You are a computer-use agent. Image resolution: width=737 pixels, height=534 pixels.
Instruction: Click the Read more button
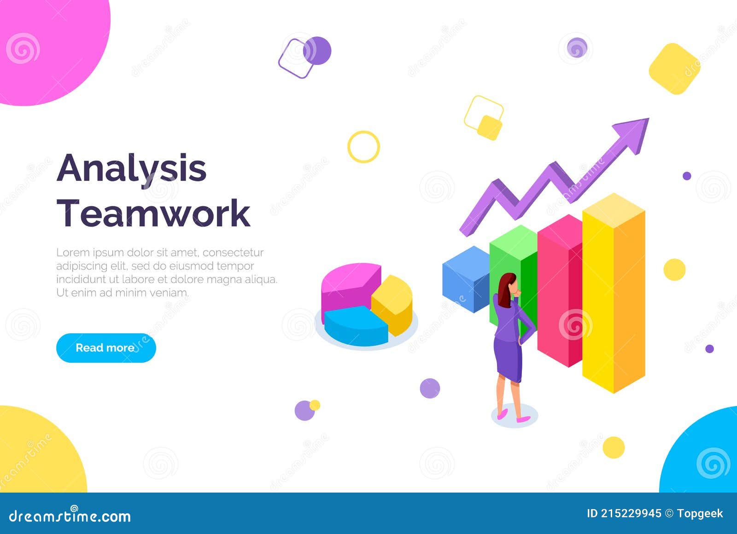[x=106, y=348]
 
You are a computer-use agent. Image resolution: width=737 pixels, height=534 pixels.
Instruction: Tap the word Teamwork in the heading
[x=153, y=213]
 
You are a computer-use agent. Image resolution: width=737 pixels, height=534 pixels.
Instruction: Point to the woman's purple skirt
[x=508, y=359]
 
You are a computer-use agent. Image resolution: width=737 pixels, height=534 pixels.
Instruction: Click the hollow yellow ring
[x=363, y=147]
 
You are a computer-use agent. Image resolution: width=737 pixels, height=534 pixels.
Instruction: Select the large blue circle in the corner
[x=705, y=456]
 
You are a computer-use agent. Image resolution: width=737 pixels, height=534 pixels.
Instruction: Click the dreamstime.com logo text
[x=70, y=516]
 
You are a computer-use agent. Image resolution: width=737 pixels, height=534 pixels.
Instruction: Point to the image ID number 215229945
[x=631, y=513]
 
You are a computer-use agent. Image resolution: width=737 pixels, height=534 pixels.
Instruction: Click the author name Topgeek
[x=700, y=513]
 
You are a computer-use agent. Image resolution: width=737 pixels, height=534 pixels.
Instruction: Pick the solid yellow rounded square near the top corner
[x=674, y=69]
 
